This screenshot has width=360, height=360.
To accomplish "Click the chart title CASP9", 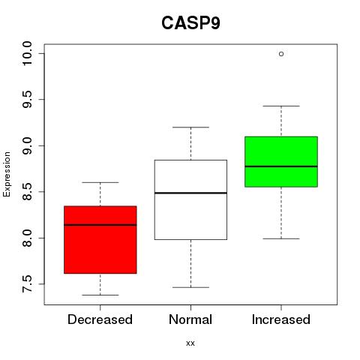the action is (x=190, y=23).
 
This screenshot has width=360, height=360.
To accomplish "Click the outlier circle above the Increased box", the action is (x=281, y=54).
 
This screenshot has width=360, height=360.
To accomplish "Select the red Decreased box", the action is (x=100, y=239).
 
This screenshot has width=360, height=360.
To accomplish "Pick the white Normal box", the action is (x=190, y=199).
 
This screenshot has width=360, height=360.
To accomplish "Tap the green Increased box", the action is (x=281, y=162).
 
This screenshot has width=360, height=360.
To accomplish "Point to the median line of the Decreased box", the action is (x=100, y=225).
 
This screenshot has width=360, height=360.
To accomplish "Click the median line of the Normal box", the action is (x=190, y=193).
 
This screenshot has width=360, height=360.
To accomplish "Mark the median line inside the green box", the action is (x=281, y=166).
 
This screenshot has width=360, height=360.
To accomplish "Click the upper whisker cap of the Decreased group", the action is (x=100, y=182).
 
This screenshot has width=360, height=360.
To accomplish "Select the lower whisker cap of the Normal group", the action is (x=190, y=287).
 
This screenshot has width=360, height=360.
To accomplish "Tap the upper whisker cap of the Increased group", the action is (x=281, y=106).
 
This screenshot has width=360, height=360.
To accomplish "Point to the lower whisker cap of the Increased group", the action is (x=281, y=238).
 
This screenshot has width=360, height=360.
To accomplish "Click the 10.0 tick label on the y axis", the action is (x=27, y=53).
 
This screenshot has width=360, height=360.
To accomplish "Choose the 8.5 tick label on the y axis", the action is (x=27, y=192).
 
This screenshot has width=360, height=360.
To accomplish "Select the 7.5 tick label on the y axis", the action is (x=27, y=284).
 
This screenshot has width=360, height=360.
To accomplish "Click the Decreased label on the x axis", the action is (x=100, y=319).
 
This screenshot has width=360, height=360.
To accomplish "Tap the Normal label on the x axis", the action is (x=190, y=319).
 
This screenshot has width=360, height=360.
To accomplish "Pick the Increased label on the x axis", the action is (x=281, y=319).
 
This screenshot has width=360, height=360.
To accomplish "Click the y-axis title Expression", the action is (x=7, y=174).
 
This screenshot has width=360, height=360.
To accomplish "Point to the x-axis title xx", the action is (x=190, y=343).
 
